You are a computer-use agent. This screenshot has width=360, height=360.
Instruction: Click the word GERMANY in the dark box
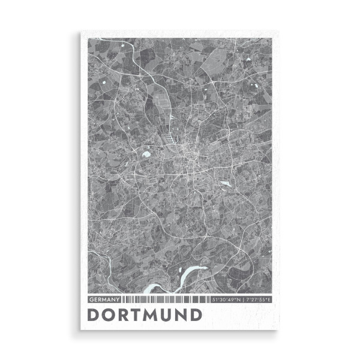tap(105, 299)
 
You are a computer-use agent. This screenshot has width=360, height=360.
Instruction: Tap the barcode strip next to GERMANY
tap(165, 299)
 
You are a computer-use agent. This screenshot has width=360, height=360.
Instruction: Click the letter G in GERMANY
tap(91, 299)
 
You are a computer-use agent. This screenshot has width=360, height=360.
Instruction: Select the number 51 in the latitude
tap(214, 299)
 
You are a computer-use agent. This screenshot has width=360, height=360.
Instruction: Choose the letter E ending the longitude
tap(269, 299)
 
